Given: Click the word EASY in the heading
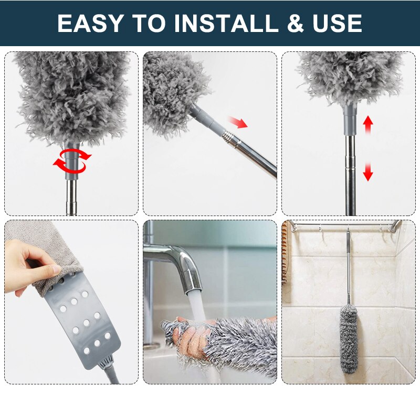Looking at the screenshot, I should pyautogui.click(x=90, y=24).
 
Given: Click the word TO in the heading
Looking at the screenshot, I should pyautogui.click(x=150, y=24).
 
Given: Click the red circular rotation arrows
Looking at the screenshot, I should pyautogui.click(x=71, y=160).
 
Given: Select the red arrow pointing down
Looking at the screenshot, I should pyautogui.click(x=368, y=171).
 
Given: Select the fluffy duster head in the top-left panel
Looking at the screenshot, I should pyautogui.click(x=71, y=94).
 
